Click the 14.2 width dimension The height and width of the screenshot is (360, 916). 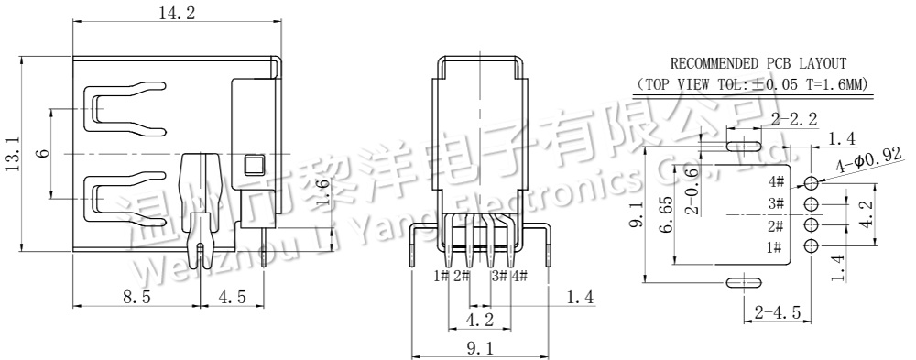pyautogui.click(x=177, y=14)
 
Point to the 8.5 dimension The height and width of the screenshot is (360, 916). pyautogui.click(x=136, y=297)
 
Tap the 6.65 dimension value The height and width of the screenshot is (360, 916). pyautogui.click(x=665, y=214)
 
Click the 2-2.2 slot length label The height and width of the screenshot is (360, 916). pyautogui.click(x=794, y=120)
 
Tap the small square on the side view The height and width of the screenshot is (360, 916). pyautogui.click(x=254, y=164)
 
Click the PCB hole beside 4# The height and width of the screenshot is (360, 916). pyautogui.click(x=811, y=183)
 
